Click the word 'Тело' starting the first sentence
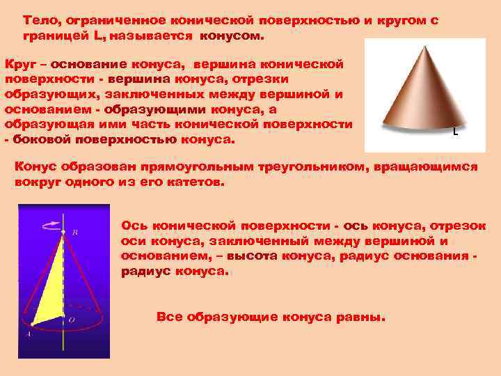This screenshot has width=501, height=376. click(39, 21)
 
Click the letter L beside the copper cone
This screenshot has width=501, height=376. click(455, 132)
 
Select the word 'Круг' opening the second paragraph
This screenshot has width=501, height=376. click(19, 65)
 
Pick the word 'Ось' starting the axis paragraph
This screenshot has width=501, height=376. click(135, 226)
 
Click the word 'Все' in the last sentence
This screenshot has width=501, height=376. click(169, 317)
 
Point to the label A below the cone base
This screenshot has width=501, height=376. click(28, 334)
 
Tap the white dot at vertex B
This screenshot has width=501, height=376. click(63, 233)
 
